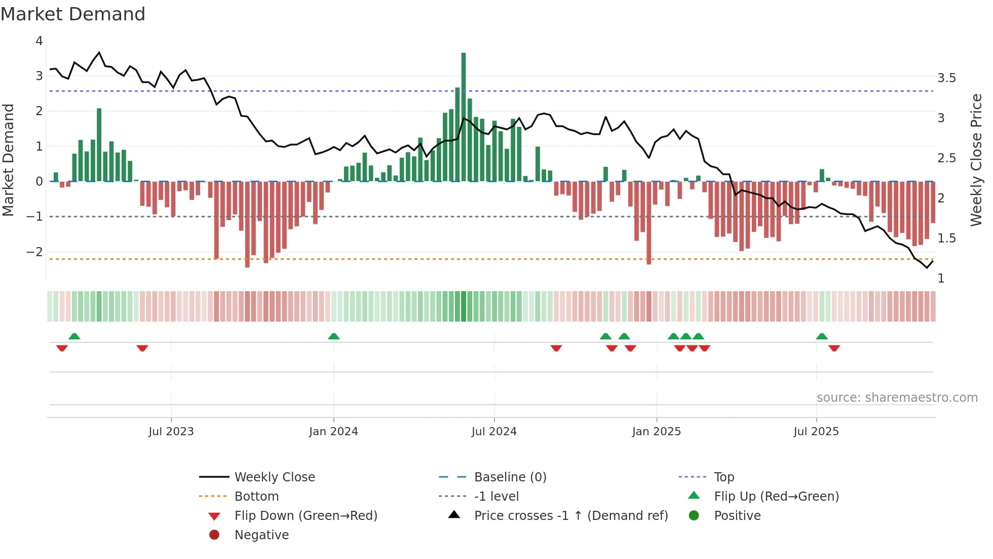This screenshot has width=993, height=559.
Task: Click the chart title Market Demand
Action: click(x=73, y=14)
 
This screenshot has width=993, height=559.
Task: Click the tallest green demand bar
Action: click(x=463, y=117)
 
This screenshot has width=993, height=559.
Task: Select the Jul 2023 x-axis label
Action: click(x=171, y=432)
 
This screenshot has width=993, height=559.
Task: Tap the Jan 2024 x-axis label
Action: click(x=333, y=432)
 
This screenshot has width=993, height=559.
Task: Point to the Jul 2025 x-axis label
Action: click(x=816, y=432)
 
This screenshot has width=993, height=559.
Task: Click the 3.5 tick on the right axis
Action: click(x=946, y=78)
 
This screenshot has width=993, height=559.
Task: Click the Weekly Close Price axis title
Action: click(x=976, y=160)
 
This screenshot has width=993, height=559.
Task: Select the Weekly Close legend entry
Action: click(x=274, y=477)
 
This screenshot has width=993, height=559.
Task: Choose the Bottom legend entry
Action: click(x=256, y=497)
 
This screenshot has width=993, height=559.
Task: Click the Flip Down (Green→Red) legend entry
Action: click(x=305, y=516)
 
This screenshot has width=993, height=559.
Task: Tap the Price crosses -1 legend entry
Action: click(x=570, y=516)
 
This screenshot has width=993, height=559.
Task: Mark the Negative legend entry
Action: click(x=261, y=535)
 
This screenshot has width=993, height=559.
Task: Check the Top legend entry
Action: click(x=723, y=477)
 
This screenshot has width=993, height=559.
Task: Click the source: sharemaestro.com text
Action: click(x=897, y=398)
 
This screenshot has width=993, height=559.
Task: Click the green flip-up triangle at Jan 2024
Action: click(x=333, y=336)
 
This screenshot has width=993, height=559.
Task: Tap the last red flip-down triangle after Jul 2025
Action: click(x=834, y=348)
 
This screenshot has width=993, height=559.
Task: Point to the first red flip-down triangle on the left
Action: click(x=62, y=348)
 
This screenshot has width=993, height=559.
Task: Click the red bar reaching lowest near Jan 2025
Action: click(x=648, y=223)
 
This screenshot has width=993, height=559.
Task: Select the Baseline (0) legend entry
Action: click(x=510, y=477)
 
